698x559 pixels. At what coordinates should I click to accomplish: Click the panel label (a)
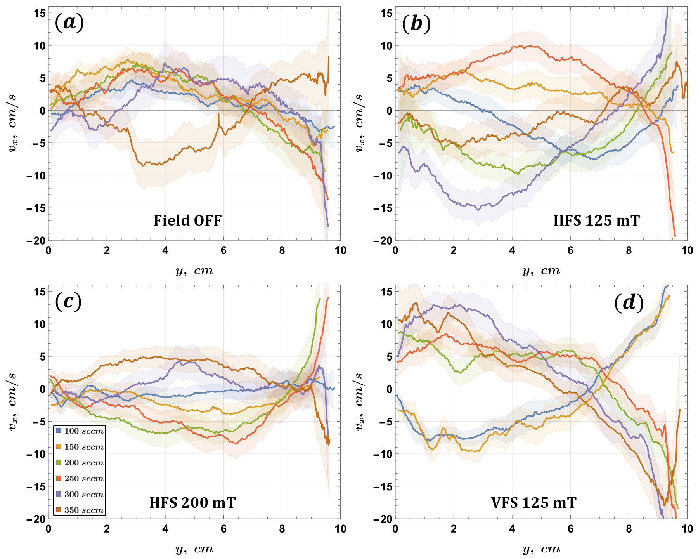point(69,23)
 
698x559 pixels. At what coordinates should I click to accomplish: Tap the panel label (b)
point(416,24)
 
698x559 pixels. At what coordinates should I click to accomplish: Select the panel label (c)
point(68,301)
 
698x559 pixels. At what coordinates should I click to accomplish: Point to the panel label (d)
point(629,302)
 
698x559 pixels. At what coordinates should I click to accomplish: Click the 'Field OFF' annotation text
point(187,220)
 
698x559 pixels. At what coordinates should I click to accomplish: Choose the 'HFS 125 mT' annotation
point(596,220)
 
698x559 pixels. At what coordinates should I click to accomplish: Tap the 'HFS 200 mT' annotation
point(192,503)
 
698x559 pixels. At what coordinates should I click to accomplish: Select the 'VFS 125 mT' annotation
point(533,503)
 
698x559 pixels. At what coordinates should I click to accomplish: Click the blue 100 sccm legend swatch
point(59,431)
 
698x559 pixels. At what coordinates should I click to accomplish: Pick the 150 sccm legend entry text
point(84,447)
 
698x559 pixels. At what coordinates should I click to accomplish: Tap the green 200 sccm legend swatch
point(59,463)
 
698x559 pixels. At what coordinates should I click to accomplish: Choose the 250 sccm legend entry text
point(84,479)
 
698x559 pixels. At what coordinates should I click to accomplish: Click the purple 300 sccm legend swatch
point(59,495)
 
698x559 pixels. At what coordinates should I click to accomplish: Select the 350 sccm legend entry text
point(84,510)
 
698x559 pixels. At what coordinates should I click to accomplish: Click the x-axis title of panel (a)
point(194,270)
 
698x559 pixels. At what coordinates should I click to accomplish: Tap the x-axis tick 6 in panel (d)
point(570,529)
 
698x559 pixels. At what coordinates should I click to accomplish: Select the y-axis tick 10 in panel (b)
point(386,46)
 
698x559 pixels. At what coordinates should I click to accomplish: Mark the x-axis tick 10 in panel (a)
point(340,250)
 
